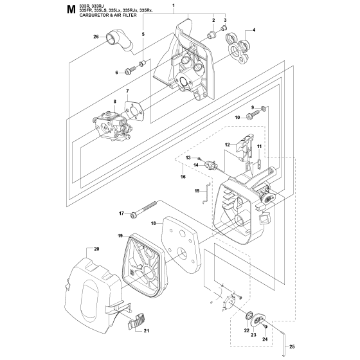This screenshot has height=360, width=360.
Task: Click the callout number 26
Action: coord(96,37)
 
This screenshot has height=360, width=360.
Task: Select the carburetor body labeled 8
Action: coord(113,125)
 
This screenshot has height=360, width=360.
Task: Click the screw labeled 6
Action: coord(130,70)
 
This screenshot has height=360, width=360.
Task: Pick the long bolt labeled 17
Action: coord(144,209)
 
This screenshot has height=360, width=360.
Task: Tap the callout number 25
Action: coord(292,346)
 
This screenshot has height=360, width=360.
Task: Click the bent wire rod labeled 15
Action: coord(207,192)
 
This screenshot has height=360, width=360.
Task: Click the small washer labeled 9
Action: coord(264,108)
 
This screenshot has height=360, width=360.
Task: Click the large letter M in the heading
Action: coord(71,10)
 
